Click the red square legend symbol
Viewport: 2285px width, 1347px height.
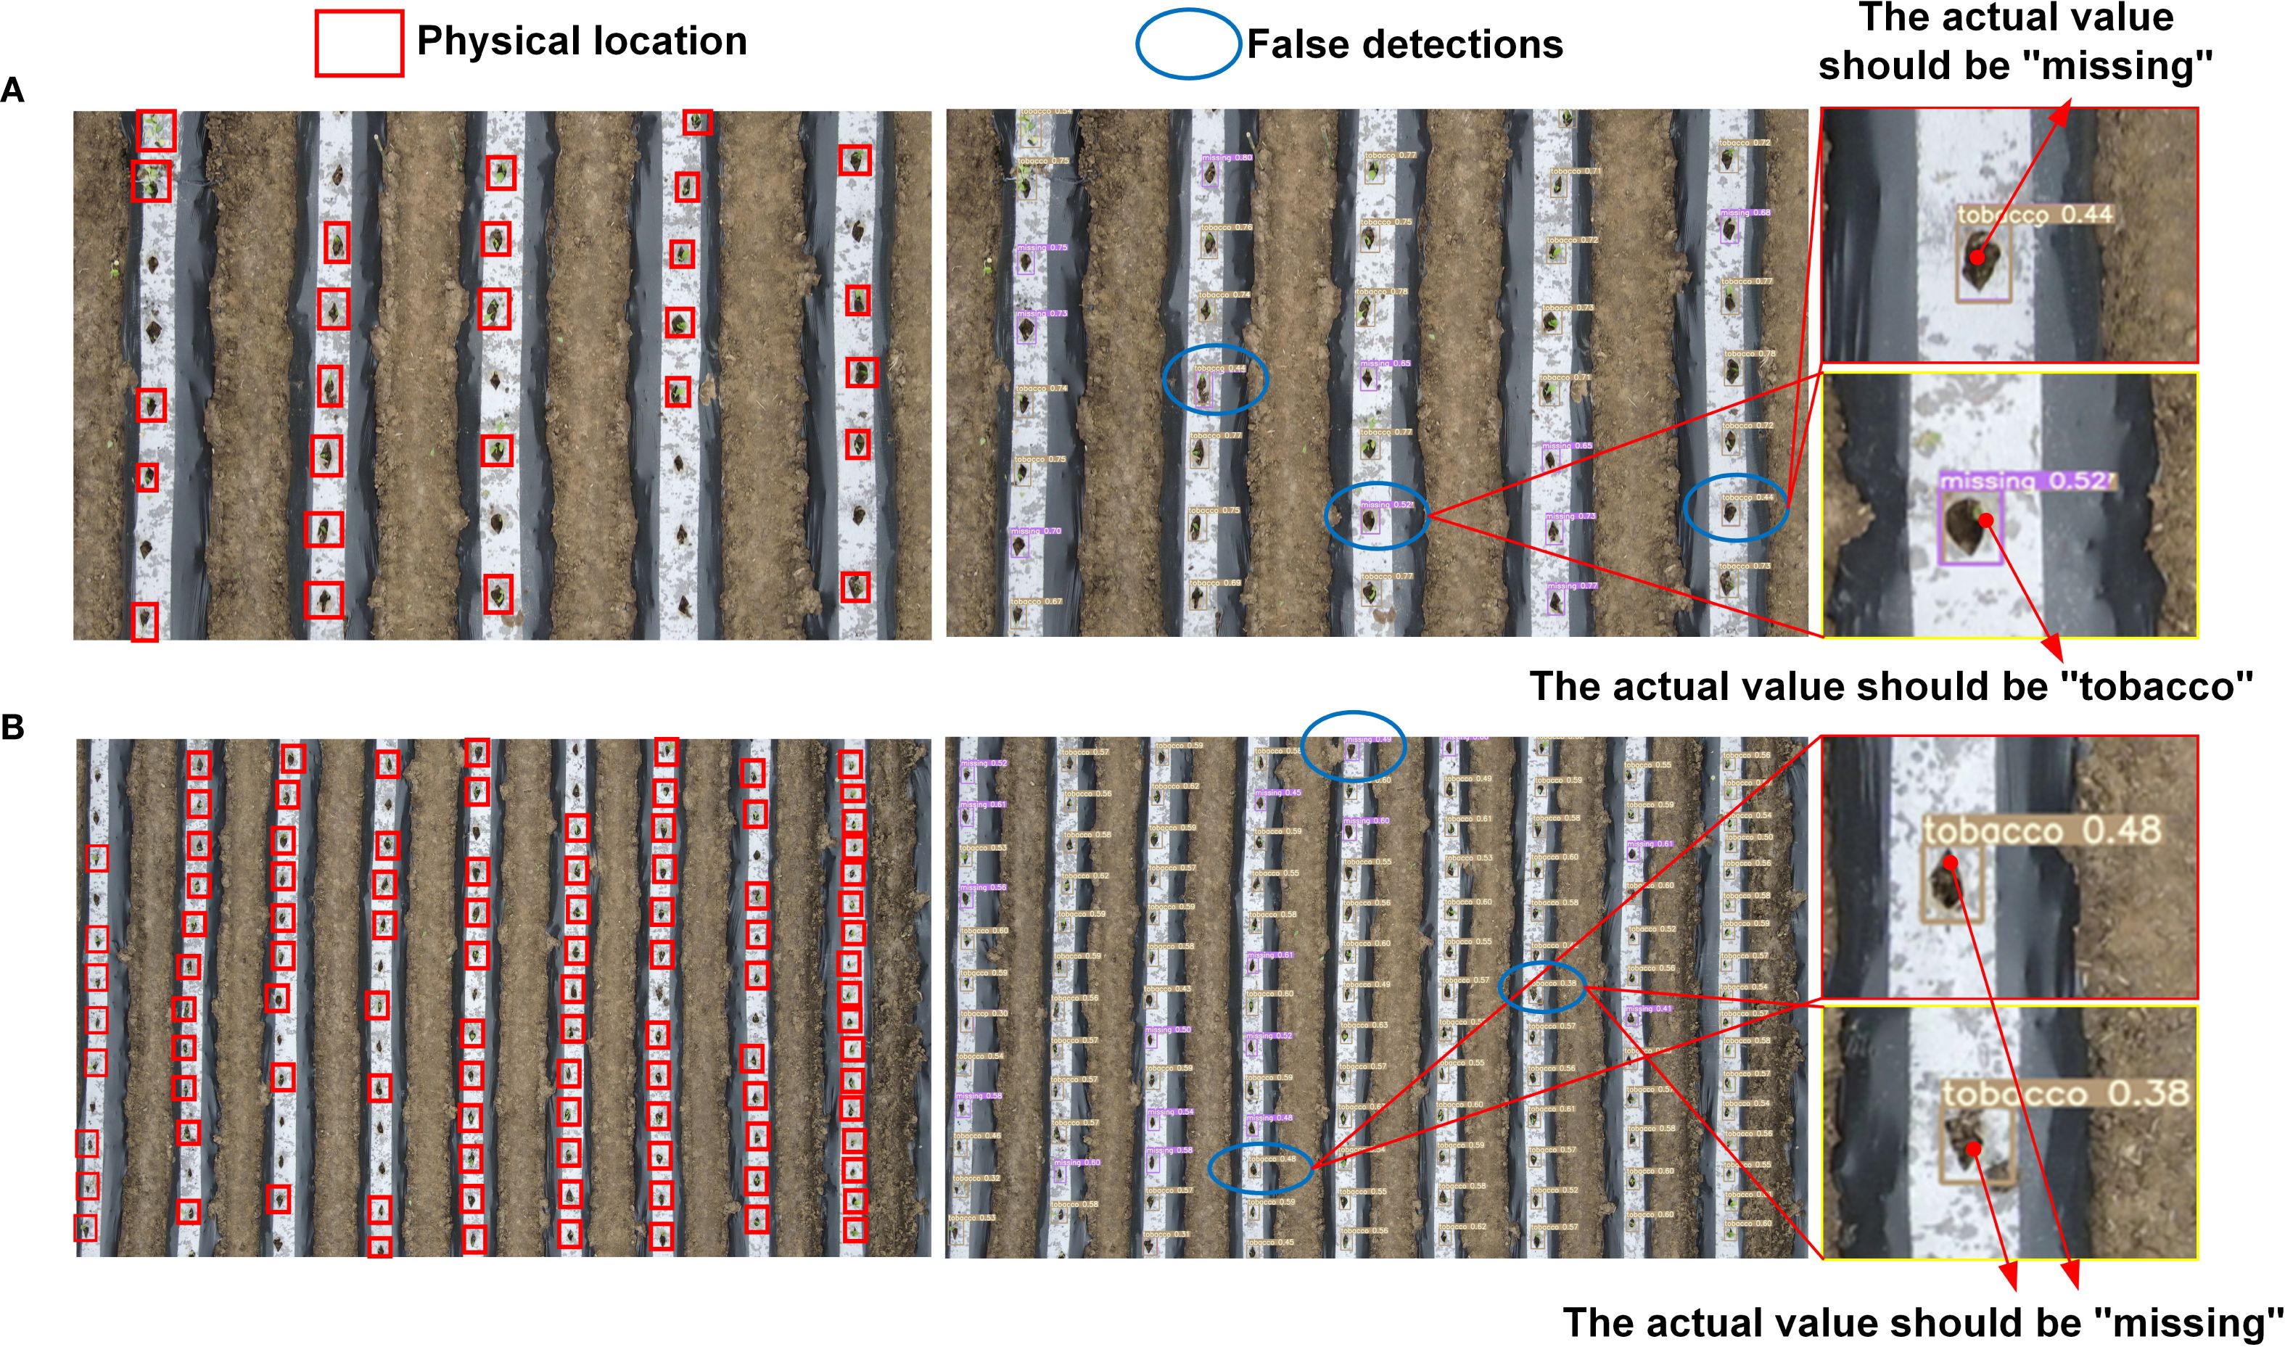tap(359, 43)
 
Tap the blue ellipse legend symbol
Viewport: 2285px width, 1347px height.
tap(1188, 43)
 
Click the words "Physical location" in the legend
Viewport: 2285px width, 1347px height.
tap(582, 41)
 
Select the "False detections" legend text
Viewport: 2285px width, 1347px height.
tap(1405, 44)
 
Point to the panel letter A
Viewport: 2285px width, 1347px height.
tap(13, 91)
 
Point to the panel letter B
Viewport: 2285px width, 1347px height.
tap(13, 727)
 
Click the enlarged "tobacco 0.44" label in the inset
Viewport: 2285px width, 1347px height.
tap(2035, 215)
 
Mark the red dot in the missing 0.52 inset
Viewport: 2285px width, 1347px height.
tap(1985, 520)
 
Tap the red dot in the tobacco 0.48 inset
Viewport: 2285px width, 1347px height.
tap(1949, 862)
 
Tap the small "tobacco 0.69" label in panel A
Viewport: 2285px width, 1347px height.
tap(1215, 582)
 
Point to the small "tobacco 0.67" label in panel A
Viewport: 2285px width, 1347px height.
tap(1037, 601)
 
